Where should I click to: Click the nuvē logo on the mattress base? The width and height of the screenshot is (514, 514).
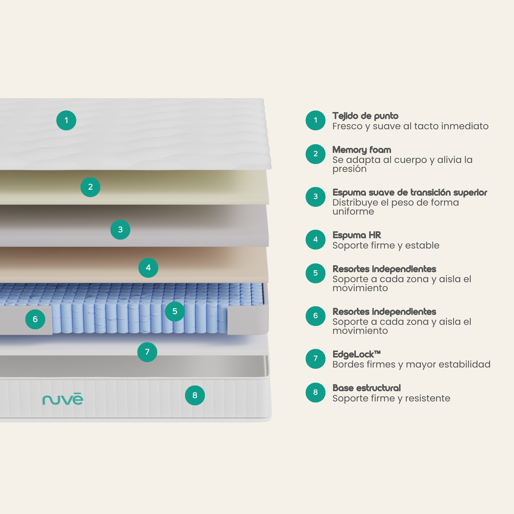pyautogui.click(x=63, y=399)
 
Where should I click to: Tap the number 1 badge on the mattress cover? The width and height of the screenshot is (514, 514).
pyautogui.click(x=66, y=120)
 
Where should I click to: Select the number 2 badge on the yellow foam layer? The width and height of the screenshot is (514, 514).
pyautogui.click(x=90, y=187)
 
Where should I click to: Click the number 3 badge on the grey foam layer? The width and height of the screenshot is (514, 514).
pyautogui.click(x=120, y=230)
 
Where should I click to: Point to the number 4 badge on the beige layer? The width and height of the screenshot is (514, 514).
pyautogui.click(x=148, y=268)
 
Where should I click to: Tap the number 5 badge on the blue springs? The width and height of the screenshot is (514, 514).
pyautogui.click(x=175, y=311)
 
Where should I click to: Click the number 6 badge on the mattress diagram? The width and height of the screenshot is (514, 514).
pyautogui.click(x=35, y=319)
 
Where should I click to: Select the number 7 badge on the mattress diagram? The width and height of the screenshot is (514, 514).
pyautogui.click(x=147, y=352)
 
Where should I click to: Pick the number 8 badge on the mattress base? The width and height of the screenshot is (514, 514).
pyautogui.click(x=195, y=395)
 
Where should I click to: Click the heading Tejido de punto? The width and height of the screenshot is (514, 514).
pyautogui.click(x=365, y=116)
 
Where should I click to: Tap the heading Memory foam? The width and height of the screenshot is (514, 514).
pyautogui.click(x=362, y=150)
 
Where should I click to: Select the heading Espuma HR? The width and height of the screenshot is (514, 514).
pyautogui.click(x=357, y=235)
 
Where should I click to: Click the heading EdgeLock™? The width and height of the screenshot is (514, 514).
pyautogui.click(x=357, y=354)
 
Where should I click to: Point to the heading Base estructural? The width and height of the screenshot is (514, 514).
pyautogui.click(x=367, y=388)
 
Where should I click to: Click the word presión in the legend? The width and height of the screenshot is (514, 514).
pyautogui.click(x=350, y=169)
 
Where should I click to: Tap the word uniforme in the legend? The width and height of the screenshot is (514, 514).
pyautogui.click(x=353, y=212)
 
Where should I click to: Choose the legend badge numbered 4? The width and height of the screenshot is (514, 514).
pyautogui.click(x=316, y=239)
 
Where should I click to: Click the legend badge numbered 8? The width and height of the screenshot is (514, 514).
pyautogui.click(x=316, y=392)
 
